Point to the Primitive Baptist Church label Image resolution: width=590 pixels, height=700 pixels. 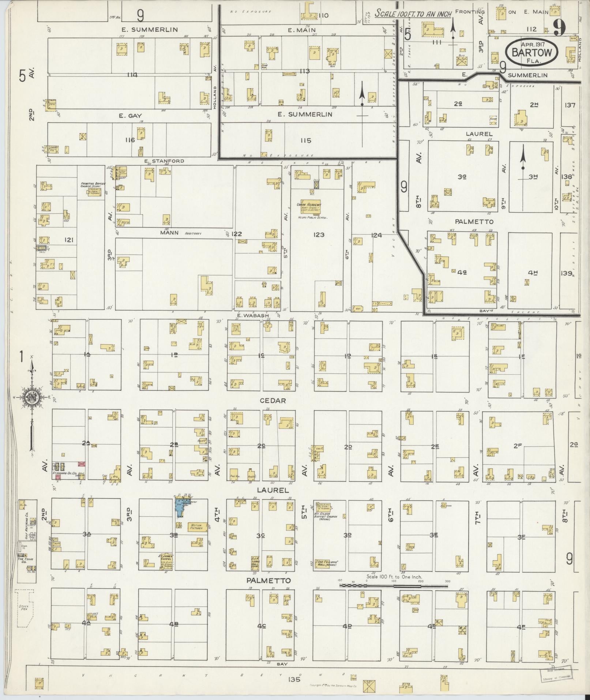click(91, 186)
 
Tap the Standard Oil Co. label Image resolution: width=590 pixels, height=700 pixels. click(64, 473)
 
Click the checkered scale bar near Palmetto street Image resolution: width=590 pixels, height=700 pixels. click(393, 585)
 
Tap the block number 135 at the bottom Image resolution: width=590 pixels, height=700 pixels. click(294, 680)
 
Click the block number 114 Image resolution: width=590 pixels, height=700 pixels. click(132, 75)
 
